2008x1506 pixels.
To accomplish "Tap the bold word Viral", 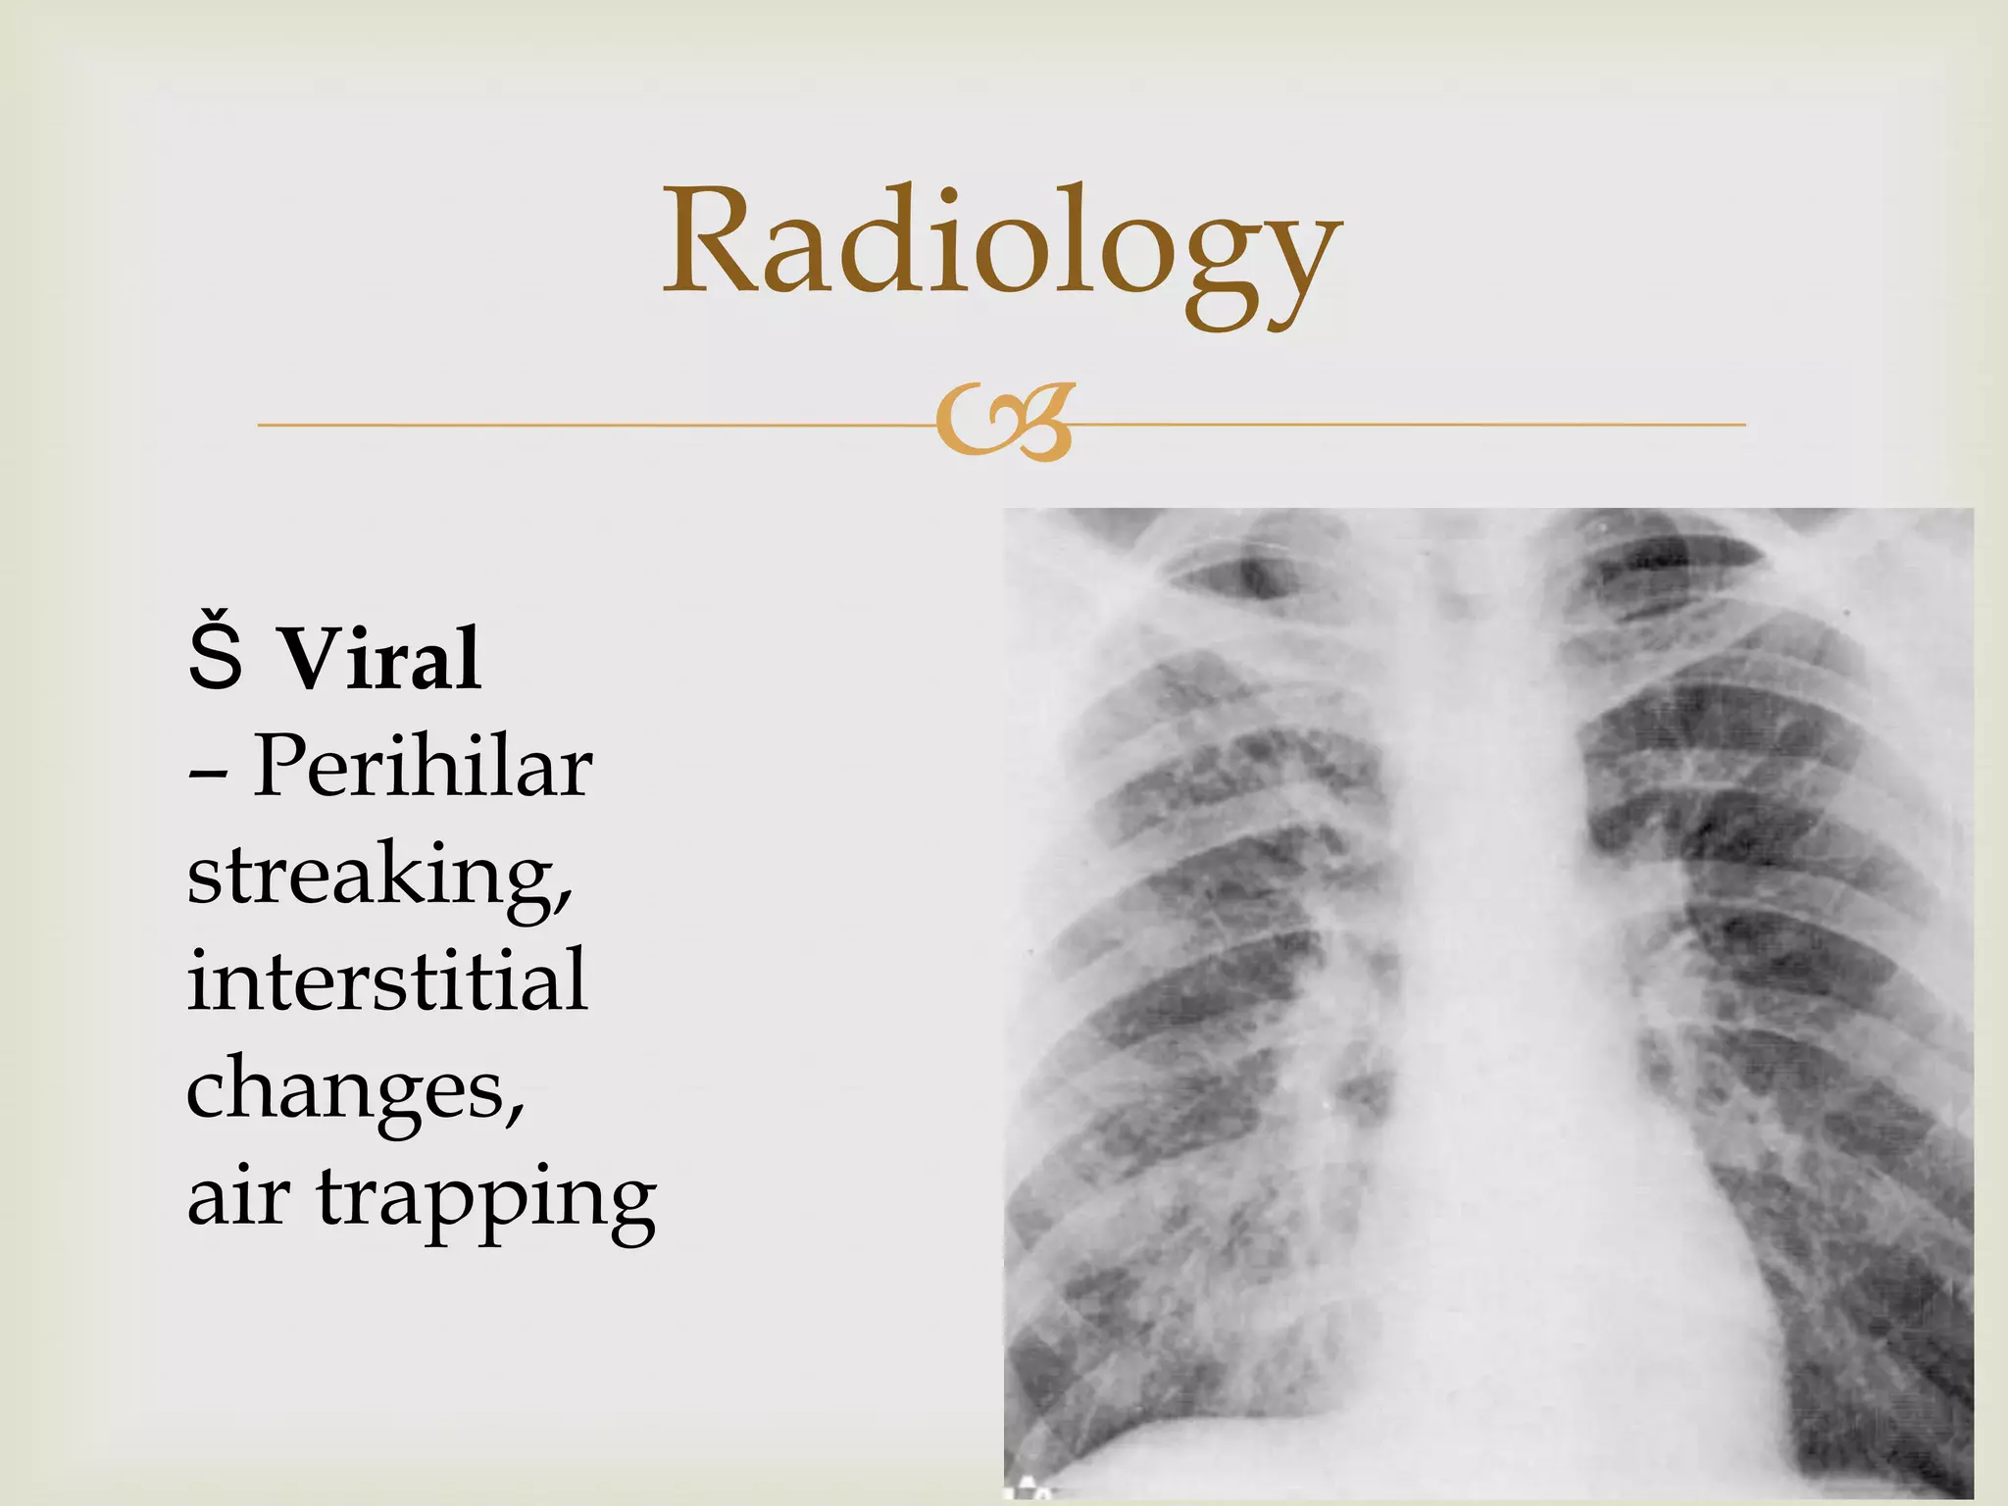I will (382, 659).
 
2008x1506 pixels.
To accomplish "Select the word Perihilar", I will (422, 767).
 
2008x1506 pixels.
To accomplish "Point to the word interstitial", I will (387, 980).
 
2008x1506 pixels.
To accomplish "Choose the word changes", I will (348, 1088).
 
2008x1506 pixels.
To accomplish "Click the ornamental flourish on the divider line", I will (1004, 425).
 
